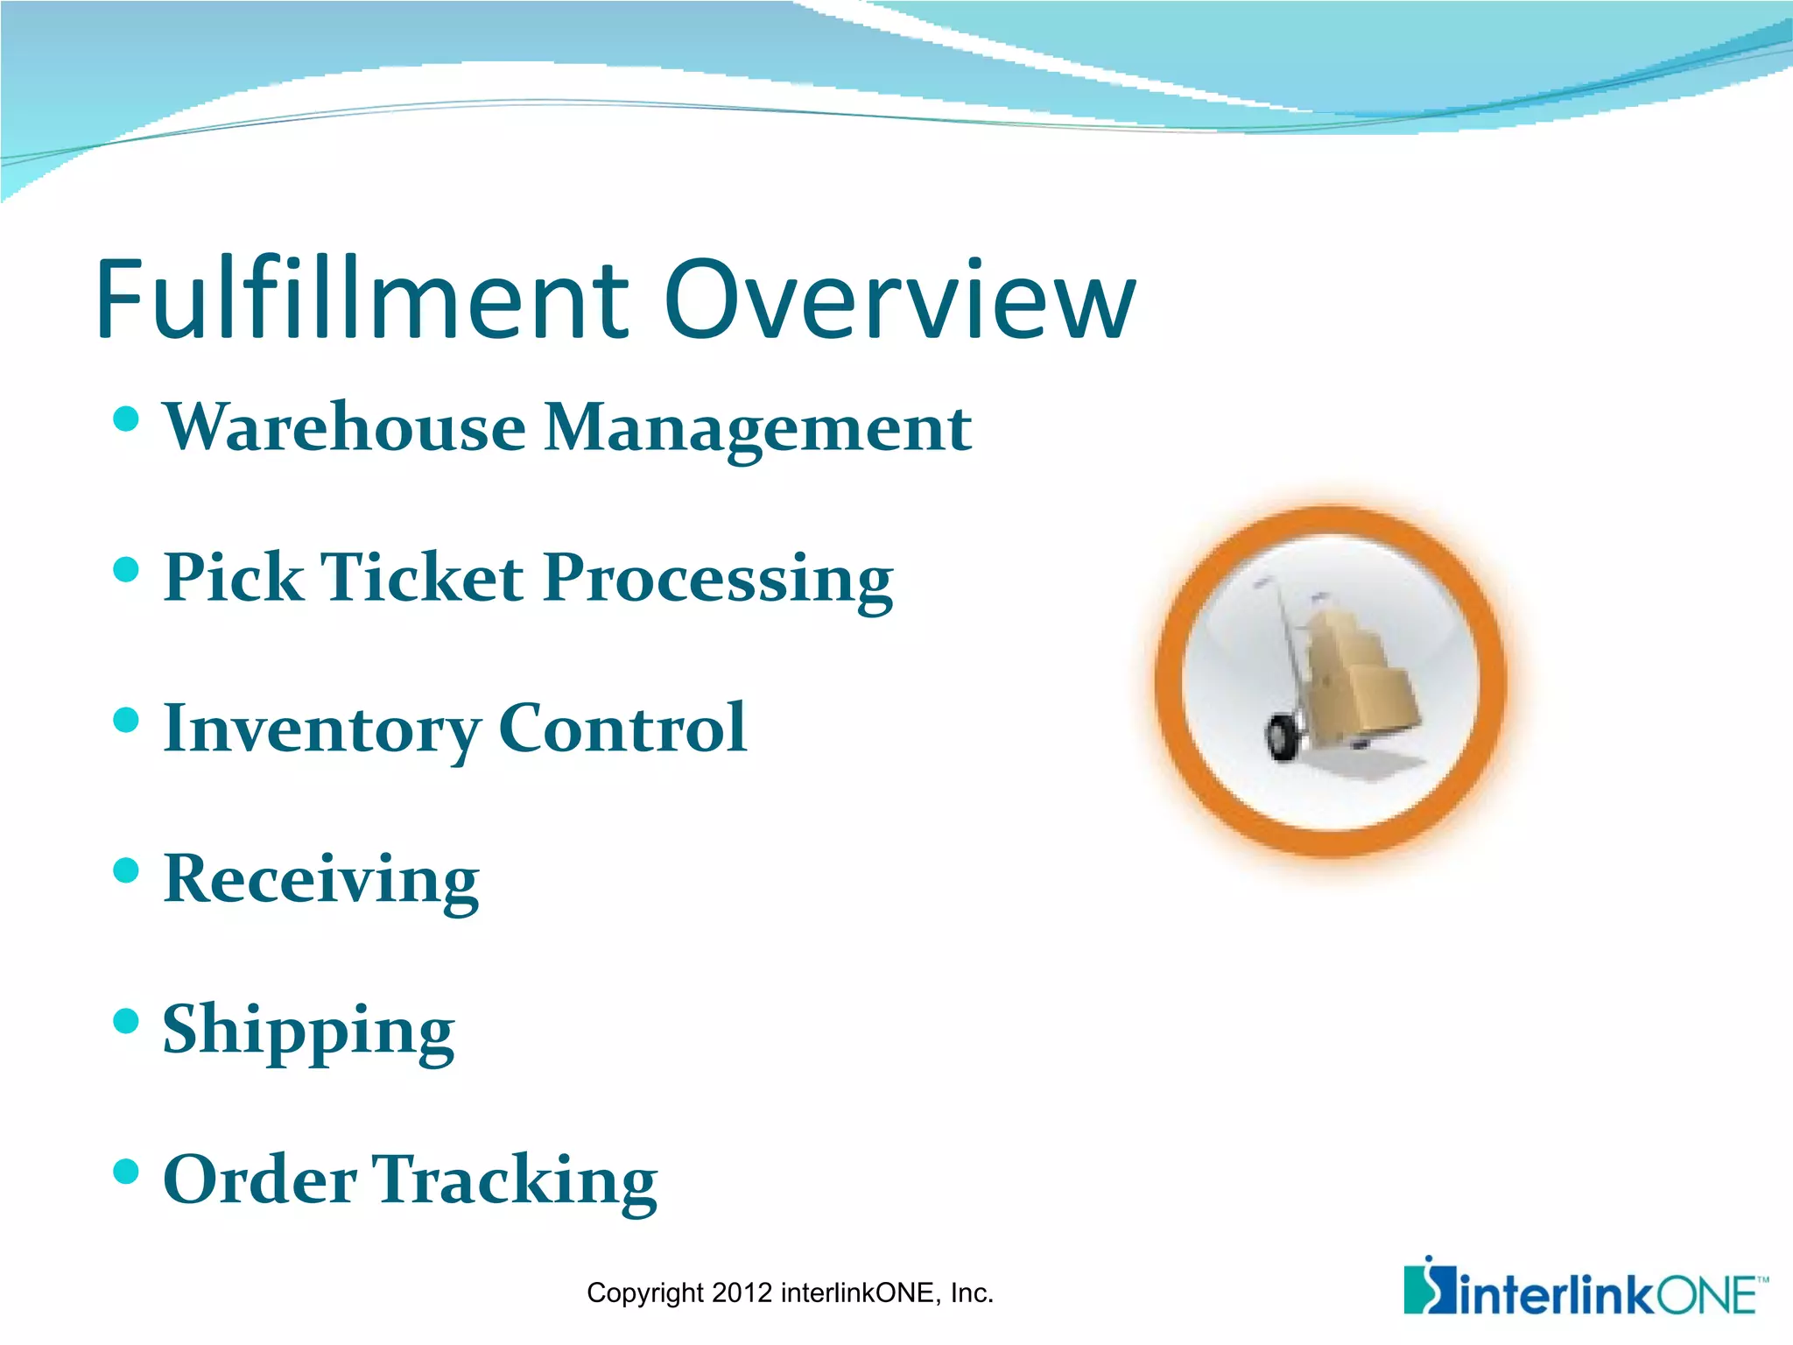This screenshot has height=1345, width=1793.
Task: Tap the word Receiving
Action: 321,880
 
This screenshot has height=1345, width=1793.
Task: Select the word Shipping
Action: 308,1032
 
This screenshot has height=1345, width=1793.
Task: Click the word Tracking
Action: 516,1181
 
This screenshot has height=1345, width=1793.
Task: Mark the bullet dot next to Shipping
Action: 127,1021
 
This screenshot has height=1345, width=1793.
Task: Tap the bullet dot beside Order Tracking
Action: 127,1171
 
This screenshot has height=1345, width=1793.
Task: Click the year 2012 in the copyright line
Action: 742,1293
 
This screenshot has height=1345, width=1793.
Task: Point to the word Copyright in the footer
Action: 645,1293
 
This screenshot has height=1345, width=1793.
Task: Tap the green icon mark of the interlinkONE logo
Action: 1427,1287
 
